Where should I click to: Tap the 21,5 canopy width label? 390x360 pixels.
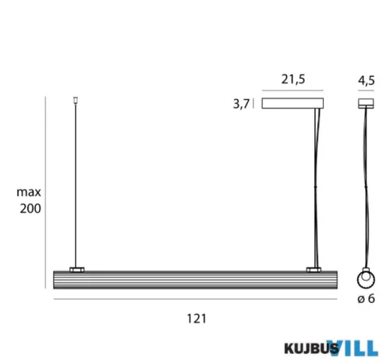tap(293, 80)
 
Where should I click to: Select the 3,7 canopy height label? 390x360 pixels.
tap(241, 103)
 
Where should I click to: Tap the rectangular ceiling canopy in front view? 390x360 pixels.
tap(293, 103)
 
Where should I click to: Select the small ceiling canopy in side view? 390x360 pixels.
tap(364, 102)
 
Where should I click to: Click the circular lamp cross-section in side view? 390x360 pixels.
tap(364, 280)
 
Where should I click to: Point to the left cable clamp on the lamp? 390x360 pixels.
tap(76, 269)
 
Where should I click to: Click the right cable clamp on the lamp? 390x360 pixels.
tap(314, 269)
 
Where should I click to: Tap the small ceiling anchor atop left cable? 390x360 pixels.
tap(76, 99)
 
